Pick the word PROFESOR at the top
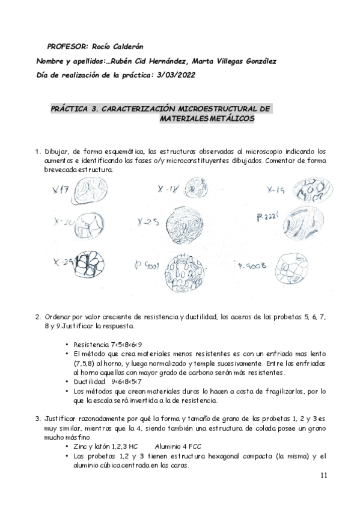point(66,46)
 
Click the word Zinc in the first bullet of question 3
point(81,447)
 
